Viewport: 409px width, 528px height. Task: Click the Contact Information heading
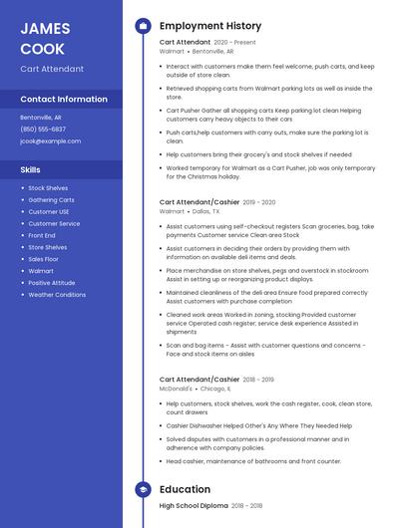pyautogui.click(x=64, y=100)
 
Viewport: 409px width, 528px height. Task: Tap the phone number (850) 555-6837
pyautogui.click(x=43, y=129)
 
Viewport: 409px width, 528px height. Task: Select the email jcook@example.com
pyautogui.click(x=50, y=140)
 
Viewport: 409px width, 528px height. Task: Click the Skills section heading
pyautogui.click(x=30, y=169)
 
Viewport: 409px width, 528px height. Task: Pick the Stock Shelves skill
pyautogui.click(x=48, y=187)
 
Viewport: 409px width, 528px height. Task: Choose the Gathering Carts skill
pyautogui.click(x=51, y=199)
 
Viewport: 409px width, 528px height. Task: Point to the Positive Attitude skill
pyautogui.click(x=51, y=283)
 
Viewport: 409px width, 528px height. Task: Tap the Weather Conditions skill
pyautogui.click(x=57, y=295)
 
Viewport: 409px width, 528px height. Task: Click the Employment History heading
pyautogui.click(x=210, y=26)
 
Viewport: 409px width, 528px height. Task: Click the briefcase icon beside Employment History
pyautogui.click(x=143, y=26)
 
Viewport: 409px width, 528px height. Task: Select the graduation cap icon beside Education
pyautogui.click(x=143, y=489)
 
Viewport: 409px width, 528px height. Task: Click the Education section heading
pyautogui.click(x=185, y=489)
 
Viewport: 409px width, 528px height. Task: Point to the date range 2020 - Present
pyautogui.click(x=235, y=43)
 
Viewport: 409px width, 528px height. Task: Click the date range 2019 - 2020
pyautogui.click(x=259, y=202)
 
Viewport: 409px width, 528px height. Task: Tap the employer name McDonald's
pyautogui.click(x=176, y=389)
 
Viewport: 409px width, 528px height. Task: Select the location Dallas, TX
pyautogui.click(x=206, y=211)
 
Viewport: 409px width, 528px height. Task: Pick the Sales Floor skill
pyautogui.click(x=43, y=259)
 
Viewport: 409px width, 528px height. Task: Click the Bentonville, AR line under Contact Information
pyautogui.click(x=41, y=117)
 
